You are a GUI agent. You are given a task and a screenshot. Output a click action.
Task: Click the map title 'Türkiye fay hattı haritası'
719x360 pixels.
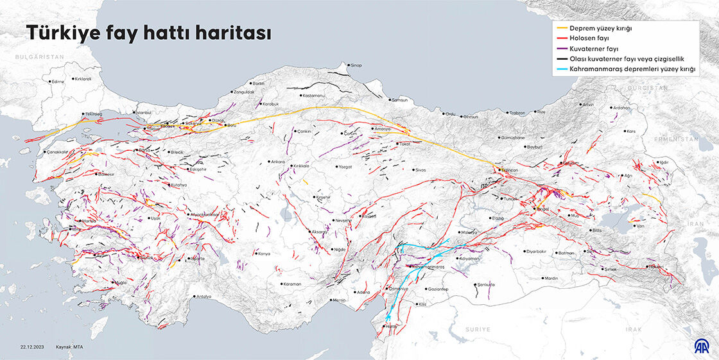point(148,34)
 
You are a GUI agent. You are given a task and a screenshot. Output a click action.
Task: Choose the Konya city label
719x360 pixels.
point(263,253)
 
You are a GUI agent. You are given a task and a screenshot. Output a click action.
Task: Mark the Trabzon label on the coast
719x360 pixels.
point(516,112)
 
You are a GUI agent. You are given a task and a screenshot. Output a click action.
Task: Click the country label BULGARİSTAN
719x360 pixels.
point(40,57)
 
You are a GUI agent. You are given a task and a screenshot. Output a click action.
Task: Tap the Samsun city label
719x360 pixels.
point(399,100)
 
